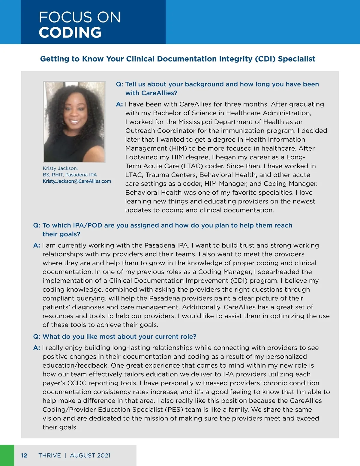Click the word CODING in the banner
(70, 32)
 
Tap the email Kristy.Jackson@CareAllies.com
(77, 181)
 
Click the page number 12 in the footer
(24, 455)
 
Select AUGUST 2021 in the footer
(90, 455)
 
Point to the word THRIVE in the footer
(49, 455)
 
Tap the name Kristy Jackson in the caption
(60, 168)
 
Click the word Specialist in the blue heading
(296, 59)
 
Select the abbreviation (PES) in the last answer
(173, 410)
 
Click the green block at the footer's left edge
(7, 455)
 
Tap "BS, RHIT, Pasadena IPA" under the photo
(70, 175)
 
